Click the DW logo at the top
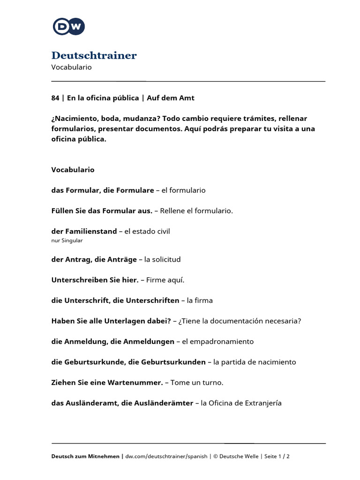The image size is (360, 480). click(69, 26)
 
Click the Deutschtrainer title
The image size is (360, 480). click(94, 56)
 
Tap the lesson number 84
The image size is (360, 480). click(55, 98)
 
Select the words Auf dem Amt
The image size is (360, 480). click(171, 98)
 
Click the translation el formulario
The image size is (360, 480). click(183, 190)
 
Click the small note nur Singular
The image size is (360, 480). click(67, 240)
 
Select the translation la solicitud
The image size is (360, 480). click(163, 259)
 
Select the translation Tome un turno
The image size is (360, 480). click(197, 383)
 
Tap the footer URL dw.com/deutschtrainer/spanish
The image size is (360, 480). click(166, 456)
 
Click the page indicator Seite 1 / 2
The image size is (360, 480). click(277, 456)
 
